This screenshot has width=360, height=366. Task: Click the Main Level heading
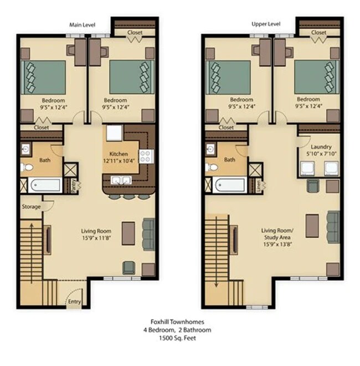click(83, 25)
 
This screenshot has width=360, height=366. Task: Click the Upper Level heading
click(266, 24)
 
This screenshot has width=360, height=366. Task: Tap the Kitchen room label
click(119, 154)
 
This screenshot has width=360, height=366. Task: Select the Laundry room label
click(321, 147)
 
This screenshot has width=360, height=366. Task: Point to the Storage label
click(31, 207)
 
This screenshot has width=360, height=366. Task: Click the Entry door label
click(74, 302)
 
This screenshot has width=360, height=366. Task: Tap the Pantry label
click(74, 186)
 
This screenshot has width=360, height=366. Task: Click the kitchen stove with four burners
click(146, 156)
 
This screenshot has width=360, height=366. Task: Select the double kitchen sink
click(121, 180)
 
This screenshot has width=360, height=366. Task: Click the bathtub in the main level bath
click(45, 185)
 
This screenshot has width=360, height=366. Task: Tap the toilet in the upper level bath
click(212, 167)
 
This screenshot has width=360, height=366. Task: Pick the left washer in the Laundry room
click(307, 169)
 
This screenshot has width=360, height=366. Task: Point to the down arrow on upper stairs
click(217, 252)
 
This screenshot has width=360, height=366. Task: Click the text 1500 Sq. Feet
click(177, 338)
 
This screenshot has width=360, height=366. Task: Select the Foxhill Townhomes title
click(177, 322)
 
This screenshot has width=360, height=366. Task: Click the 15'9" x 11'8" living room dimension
click(96, 238)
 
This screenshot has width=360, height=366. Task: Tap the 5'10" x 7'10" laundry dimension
click(321, 154)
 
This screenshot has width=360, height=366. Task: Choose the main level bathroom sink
click(25, 149)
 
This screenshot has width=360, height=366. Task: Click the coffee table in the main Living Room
click(128, 233)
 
